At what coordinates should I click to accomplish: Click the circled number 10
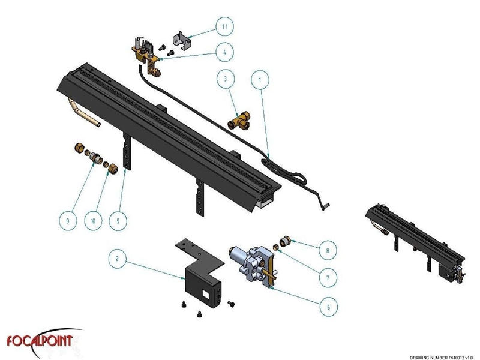coord(93,220)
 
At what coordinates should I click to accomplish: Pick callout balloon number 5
coord(118,220)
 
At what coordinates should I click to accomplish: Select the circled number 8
coord(327,247)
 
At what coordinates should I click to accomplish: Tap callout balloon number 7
coord(327,278)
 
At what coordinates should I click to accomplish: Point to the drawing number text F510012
coord(443,356)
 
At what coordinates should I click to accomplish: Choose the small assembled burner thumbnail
coord(414,237)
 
